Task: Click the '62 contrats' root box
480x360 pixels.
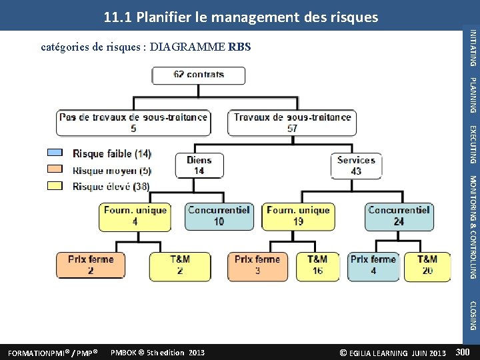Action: [x=199, y=75]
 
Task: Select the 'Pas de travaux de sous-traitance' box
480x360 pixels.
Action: [x=133, y=123]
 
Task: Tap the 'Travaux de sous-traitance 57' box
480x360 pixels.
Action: [x=292, y=123]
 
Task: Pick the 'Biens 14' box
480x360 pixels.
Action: [x=199, y=165]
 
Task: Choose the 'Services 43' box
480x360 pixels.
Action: [x=356, y=165]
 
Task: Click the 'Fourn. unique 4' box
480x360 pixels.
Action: [x=135, y=215]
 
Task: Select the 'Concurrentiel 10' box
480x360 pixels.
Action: [x=219, y=215]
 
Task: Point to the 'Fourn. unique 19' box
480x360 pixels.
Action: [x=298, y=215]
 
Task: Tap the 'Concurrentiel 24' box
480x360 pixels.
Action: [x=399, y=215]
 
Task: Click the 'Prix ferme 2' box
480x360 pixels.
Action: [x=91, y=265]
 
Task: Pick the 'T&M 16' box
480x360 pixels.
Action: [x=317, y=265]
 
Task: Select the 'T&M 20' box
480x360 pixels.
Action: [x=427, y=265]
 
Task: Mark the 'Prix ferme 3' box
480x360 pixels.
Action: [x=257, y=265]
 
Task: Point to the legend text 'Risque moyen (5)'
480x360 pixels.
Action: [x=111, y=170]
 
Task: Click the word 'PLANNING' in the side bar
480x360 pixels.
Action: [x=473, y=95]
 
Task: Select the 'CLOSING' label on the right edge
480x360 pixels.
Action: [x=473, y=316]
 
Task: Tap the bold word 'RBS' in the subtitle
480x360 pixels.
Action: [x=239, y=47]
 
